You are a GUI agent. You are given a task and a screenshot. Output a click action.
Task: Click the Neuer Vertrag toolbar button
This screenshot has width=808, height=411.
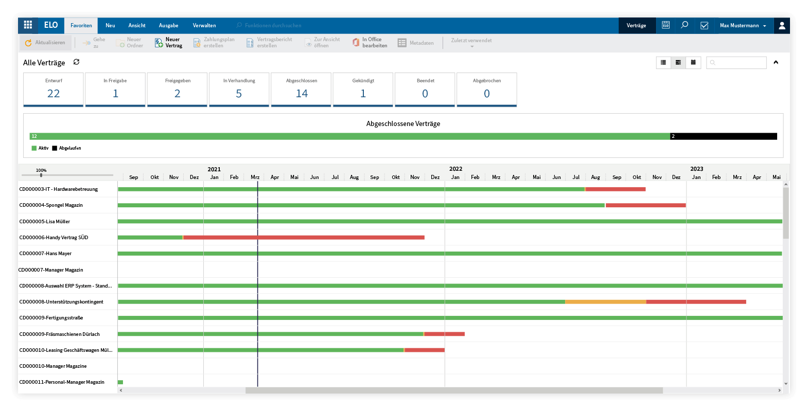(169, 43)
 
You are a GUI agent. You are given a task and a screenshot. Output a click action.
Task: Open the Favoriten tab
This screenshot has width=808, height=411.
(81, 26)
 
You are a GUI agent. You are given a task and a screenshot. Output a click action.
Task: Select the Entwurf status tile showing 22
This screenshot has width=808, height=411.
(54, 90)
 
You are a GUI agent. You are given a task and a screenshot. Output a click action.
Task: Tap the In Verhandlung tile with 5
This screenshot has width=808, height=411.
(239, 90)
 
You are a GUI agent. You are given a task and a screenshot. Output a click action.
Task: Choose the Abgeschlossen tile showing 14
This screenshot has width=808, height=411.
(301, 90)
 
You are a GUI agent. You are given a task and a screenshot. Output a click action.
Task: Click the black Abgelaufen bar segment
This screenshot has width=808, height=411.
(723, 136)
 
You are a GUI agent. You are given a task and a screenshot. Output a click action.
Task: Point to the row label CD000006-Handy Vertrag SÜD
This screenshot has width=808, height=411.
(54, 238)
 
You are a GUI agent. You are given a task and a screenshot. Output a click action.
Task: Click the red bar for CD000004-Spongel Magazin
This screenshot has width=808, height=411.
(645, 205)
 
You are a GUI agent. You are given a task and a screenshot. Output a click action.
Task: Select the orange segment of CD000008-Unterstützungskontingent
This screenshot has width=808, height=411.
(605, 302)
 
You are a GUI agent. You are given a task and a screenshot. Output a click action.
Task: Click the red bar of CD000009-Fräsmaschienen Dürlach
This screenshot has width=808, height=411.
(445, 334)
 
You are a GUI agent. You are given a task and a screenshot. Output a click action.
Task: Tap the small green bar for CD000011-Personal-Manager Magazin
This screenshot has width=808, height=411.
(120, 382)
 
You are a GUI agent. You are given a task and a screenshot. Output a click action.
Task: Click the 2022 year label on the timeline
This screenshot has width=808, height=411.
(455, 169)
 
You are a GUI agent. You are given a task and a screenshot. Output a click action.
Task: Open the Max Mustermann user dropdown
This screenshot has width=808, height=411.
(743, 26)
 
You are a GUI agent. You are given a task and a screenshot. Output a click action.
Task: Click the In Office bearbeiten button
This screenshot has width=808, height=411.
(370, 43)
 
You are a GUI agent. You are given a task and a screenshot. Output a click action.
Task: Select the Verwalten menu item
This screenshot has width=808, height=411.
(204, 26)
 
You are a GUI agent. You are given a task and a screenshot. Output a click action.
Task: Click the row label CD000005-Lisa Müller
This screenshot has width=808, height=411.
(45, 222)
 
